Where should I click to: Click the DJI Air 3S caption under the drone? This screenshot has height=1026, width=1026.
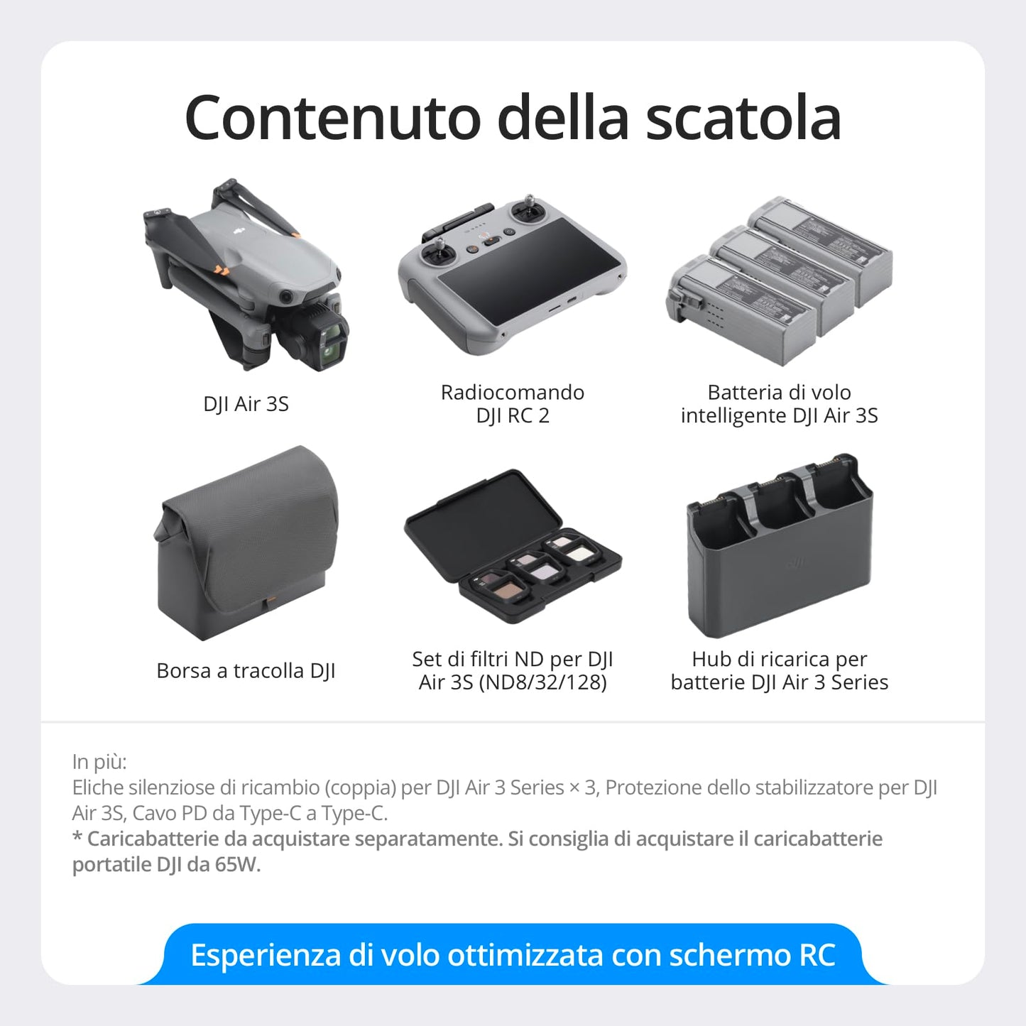click(246, 404)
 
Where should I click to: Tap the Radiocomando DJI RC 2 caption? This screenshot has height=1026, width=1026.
click(512, 403)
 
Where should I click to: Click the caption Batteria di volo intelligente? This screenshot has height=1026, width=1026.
click(779, 403)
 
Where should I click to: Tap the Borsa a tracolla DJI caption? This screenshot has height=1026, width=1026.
click(246, 671)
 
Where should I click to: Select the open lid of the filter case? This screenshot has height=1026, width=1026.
click(483, 512)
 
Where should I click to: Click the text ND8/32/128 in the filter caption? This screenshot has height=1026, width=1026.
click(543, 682)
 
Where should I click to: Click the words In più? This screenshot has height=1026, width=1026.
click(99, 762)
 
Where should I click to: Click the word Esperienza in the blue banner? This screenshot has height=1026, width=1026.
click(266, 955)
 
